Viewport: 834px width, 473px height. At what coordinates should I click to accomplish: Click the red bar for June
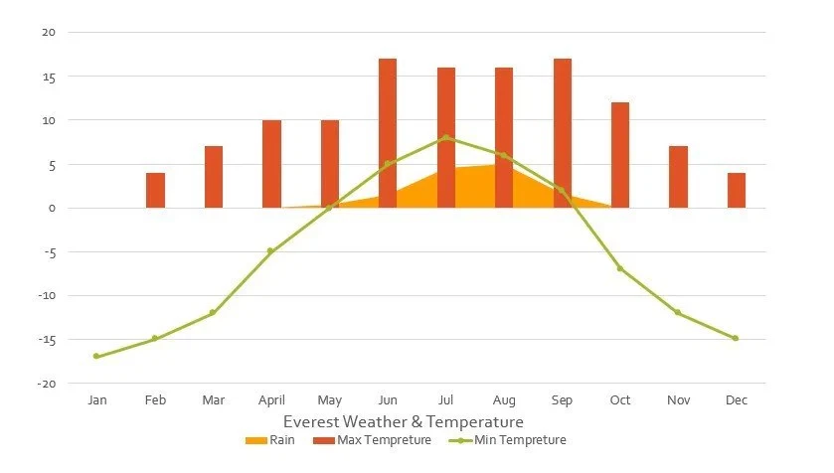(388, 133)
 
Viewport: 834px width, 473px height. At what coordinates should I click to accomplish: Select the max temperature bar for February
(155, 190)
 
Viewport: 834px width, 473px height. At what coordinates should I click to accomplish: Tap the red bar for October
(620, 155)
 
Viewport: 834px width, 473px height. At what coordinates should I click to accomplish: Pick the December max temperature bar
(737, 190)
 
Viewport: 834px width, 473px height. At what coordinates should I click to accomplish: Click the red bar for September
(563, 133)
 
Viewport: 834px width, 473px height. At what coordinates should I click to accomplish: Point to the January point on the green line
(96, 356)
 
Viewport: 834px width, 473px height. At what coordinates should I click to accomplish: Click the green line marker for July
(446, 137)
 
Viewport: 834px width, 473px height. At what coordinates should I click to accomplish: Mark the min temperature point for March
(213, 313)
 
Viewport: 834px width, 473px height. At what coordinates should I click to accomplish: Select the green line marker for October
(620, 268)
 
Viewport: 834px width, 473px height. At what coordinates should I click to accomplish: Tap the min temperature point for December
(736, 338)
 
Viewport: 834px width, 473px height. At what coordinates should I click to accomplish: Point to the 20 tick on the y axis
(48, 33)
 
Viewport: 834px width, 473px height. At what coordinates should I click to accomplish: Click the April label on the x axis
(271, 400)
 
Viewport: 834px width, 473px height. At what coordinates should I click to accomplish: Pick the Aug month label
(504, 400)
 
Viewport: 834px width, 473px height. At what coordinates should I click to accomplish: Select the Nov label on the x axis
(678, 400)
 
